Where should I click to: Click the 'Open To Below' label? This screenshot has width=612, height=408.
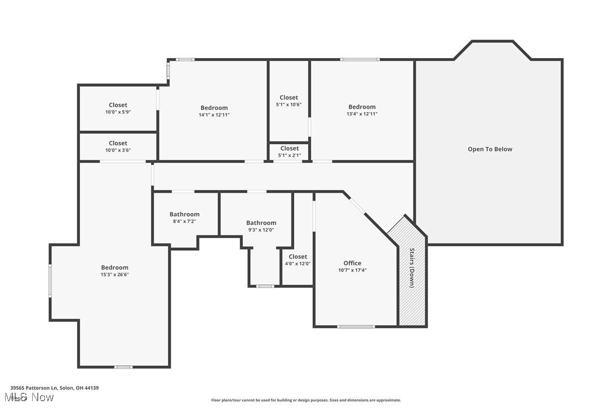(490, 149)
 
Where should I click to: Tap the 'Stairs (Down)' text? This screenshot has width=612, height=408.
(412, 268)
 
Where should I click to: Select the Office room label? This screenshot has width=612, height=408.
(352, 263)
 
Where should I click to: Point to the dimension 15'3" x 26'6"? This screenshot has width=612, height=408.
(115, 274)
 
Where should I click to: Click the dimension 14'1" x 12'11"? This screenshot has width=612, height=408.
(214, 115)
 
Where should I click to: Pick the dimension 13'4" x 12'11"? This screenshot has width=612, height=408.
(362, 114)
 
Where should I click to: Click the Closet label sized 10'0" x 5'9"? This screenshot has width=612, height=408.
(118, 105)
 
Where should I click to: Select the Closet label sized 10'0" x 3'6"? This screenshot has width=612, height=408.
(118, 143)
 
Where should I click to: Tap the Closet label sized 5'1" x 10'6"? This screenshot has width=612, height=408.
(289, 97)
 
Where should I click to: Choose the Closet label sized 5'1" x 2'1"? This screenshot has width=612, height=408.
(289, 148)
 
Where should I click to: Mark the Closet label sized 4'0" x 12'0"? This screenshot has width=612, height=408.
(298, 257)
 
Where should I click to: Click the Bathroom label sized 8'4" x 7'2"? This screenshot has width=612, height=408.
(184, 214)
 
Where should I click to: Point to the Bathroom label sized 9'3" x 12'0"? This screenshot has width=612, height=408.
(261, 223)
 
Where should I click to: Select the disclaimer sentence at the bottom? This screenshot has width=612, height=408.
(306, 400)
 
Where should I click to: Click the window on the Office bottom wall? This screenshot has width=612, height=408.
(356, 326)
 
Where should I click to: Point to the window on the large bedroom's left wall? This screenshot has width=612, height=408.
(50, 281)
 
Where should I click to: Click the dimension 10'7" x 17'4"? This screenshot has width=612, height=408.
(352, 270)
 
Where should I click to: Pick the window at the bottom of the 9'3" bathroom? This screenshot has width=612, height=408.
(265, 286)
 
